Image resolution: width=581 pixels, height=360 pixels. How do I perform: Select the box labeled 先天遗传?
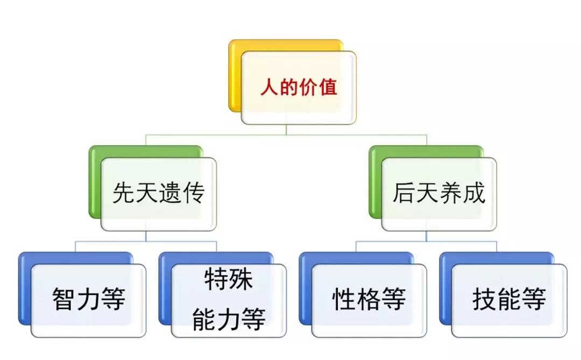click(159, 194)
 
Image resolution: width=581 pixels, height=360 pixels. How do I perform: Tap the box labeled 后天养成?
click(439, 194)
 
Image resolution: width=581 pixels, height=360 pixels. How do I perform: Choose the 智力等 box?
click(89, 301)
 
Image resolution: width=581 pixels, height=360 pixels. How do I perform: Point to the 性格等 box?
click(369, 301)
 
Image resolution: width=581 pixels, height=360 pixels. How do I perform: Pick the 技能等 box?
click(509, 301)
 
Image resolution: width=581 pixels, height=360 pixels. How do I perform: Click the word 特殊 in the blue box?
click(229, 279)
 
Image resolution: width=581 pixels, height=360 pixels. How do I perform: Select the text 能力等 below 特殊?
click(229, 319)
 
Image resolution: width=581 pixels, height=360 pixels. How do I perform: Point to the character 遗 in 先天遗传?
click(170, 193)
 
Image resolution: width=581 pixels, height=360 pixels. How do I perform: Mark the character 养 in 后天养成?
click(451, 193)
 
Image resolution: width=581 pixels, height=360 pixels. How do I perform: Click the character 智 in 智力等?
click(64, 299)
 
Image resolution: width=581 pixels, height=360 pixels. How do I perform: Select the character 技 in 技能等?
click(485, 299)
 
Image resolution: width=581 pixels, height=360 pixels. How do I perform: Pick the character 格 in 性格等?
click(369, 299)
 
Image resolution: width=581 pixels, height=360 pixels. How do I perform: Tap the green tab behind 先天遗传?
click(95, 182)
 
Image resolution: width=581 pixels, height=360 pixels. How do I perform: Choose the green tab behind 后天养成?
click(375, 182)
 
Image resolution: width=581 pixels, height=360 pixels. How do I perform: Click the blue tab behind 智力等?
click(24, 288)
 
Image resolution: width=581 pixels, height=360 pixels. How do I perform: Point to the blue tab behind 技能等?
click(445, 288)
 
